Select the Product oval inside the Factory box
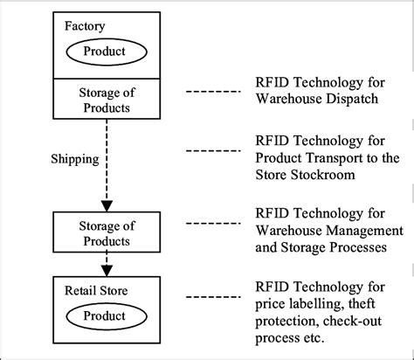103,51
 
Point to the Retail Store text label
92,287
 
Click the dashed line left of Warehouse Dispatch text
213,91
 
